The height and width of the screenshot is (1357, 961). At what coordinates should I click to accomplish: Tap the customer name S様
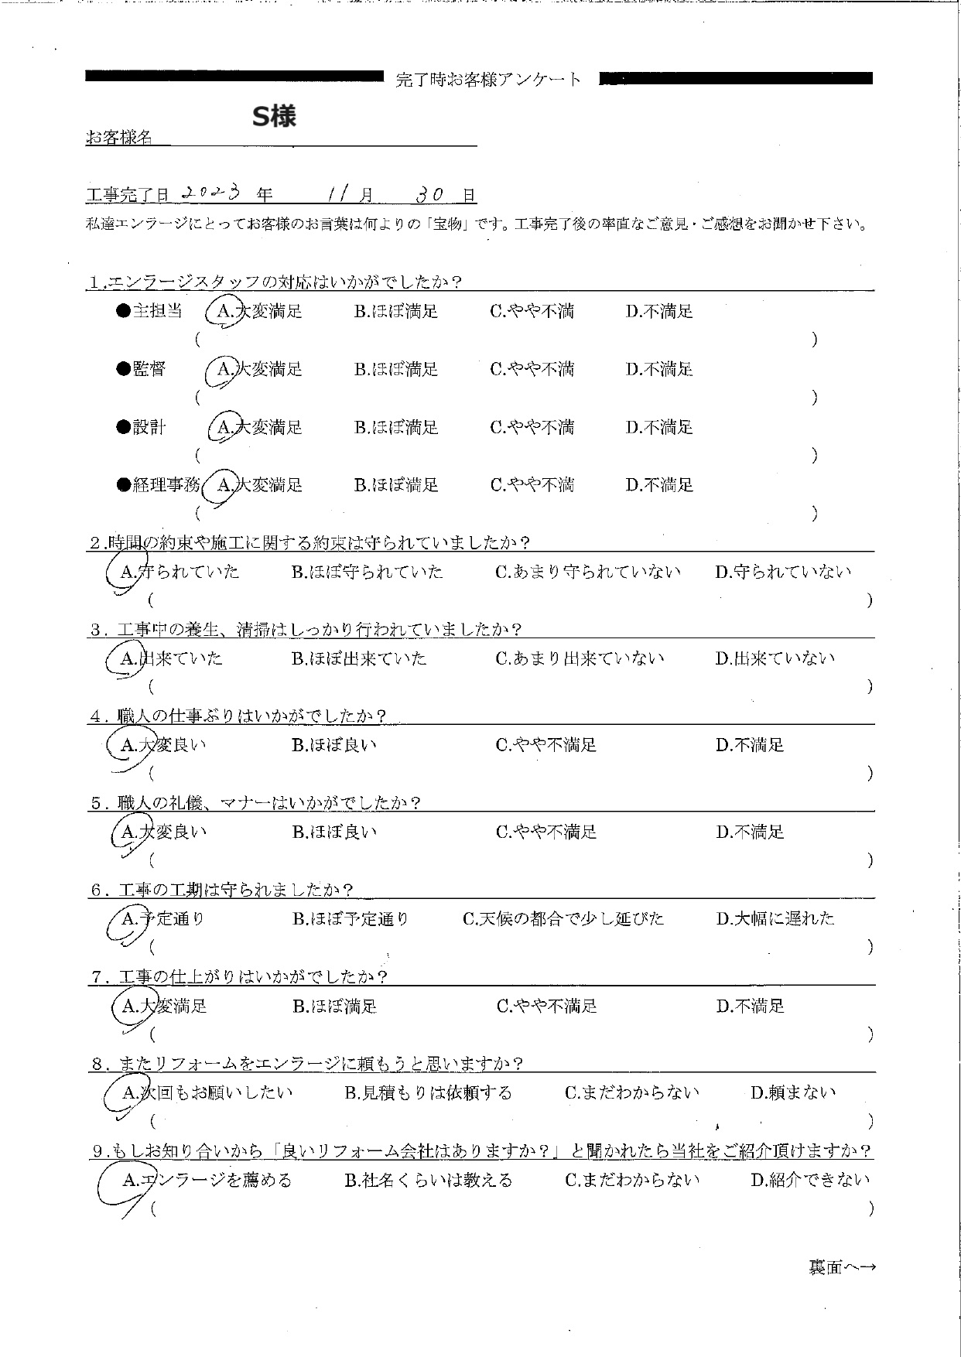(x=275, y=117)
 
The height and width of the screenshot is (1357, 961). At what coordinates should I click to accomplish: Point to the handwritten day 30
(x=428, y=195)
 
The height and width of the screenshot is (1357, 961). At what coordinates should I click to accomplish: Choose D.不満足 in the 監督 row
(x=659, y=369)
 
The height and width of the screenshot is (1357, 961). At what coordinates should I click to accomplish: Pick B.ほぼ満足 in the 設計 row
(x=396, y=427)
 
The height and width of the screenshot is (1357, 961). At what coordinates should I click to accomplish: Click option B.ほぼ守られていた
(x=367, y=572)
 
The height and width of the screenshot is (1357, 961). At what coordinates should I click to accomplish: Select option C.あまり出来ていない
(x=580, y=658)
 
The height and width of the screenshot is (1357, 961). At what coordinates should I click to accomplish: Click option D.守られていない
(x=783, y=572)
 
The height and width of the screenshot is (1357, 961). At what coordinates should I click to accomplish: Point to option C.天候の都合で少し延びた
(x=563, y=919)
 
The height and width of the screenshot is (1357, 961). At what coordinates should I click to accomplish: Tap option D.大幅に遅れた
(x=775, y=919)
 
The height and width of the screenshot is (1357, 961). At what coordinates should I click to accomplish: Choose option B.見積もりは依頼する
(x=429, y=1093)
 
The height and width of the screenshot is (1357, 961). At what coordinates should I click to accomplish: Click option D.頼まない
(x=793, y=1093)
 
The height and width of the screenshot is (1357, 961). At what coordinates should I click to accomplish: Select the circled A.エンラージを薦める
(x=207, y=1180)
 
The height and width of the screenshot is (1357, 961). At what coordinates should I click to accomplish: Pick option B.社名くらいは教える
(x=429, y=1180)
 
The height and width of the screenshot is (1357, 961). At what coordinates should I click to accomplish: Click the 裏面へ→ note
(x=843, y=1267)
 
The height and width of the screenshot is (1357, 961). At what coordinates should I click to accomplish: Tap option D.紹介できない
(x=810, y=1180)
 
